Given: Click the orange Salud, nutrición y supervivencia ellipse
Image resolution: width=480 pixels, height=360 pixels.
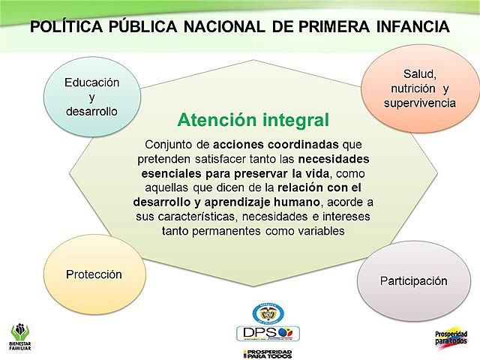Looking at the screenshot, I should [419, 88].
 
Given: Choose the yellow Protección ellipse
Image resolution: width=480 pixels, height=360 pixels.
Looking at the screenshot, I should [93, 274].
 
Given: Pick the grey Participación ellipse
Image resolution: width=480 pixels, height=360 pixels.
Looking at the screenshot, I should [413, 281].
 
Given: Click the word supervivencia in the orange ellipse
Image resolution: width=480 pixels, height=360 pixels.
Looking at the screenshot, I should [419, 103].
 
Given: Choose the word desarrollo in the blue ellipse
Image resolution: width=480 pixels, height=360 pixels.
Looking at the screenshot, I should [91, 112].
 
